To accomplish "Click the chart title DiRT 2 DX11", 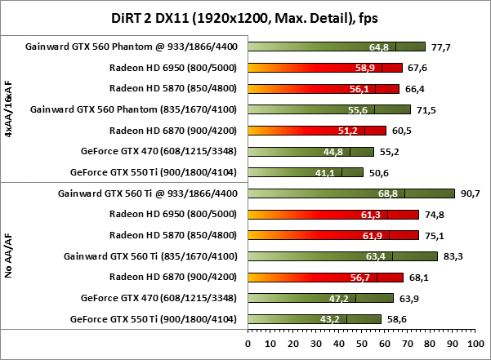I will click(x=245, y=17).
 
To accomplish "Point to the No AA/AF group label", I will click(x=8, y=256).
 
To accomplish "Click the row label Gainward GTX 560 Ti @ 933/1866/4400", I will click(x=151, y=193).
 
